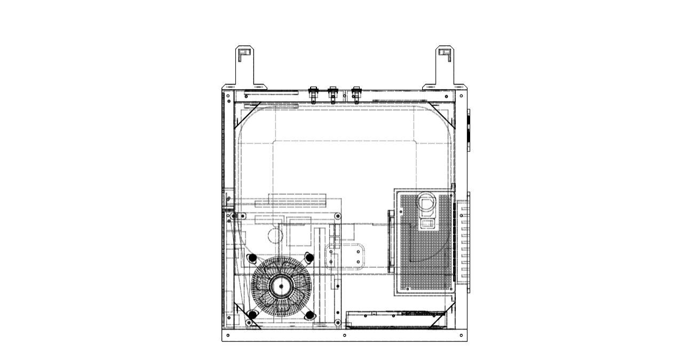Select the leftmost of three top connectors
click(x=314, y=95)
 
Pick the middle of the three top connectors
click(x=332, y=95)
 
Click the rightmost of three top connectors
click(x=355, y=95)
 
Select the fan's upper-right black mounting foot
click(x=308, y=258)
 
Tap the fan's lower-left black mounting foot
click(x=252, y=315)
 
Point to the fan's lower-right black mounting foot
click(x=308, y=315)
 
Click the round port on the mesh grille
click(x=427, y=203)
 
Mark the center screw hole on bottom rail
click(x=344, y=335)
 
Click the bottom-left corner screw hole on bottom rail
click(x=228, y=335)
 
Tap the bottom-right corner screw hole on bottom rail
click(x=462, y=335)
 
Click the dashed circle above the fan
click(x=274, y=235)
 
